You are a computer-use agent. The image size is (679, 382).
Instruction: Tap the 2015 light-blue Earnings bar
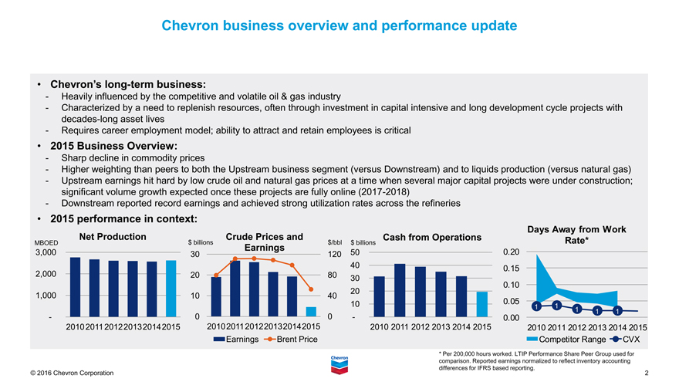311,311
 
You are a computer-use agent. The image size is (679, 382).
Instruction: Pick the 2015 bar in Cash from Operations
482,304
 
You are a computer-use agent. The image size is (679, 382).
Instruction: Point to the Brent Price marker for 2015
311,289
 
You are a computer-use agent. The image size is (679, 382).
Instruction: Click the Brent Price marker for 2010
216,276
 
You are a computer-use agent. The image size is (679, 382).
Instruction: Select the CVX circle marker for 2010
535,307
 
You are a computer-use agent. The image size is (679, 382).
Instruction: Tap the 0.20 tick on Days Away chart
512,252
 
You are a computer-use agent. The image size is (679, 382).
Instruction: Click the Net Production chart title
113,236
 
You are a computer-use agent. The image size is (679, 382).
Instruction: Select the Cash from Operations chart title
432,237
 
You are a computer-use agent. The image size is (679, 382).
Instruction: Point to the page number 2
646,374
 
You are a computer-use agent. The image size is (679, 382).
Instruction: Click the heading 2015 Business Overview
113,145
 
